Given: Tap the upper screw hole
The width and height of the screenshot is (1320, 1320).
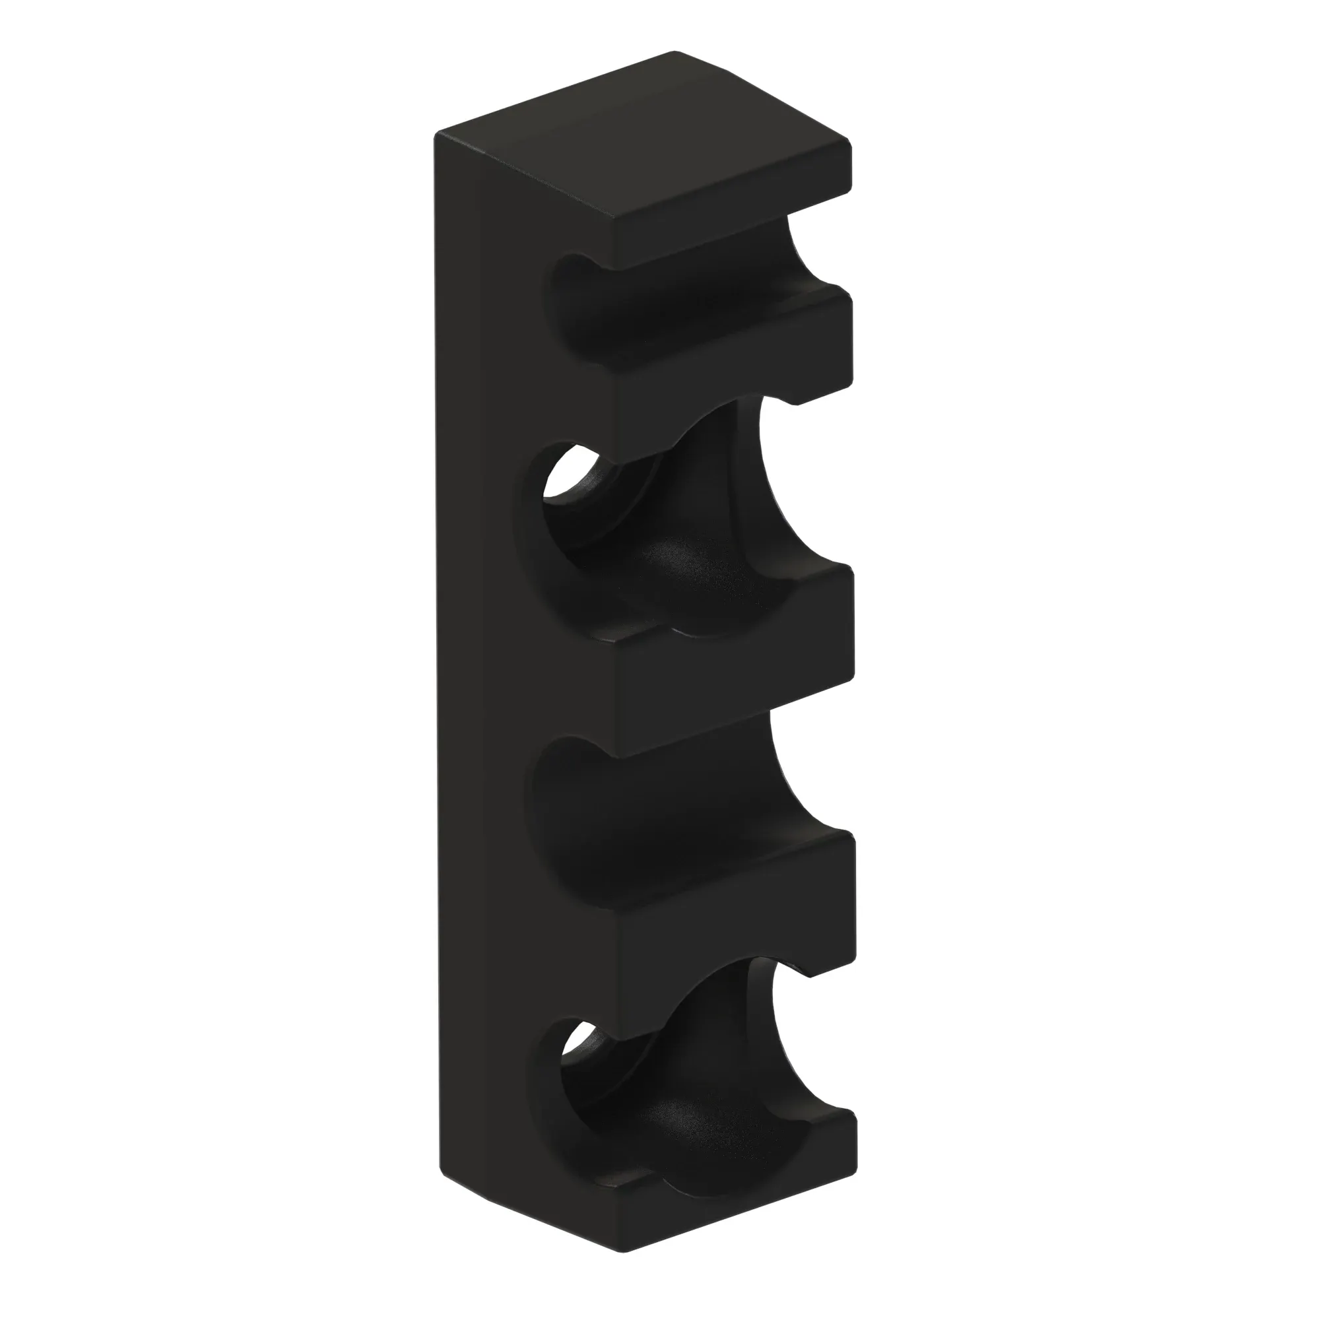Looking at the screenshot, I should click(570, 478).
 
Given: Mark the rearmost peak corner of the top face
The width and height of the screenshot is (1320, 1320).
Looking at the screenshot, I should click(675, 53).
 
